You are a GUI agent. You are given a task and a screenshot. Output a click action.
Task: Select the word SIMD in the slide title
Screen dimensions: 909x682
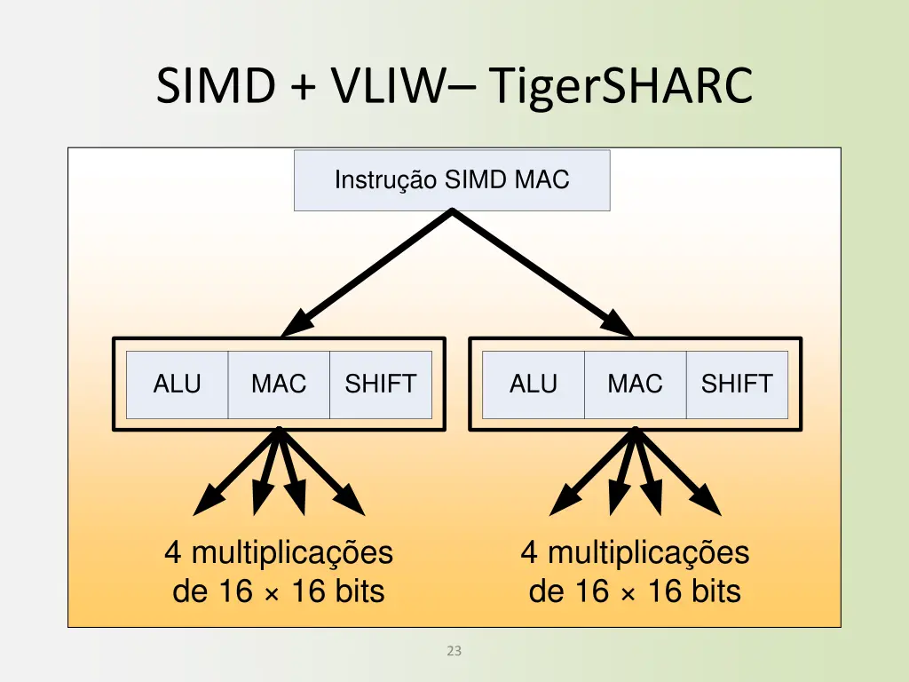tap(215, 87)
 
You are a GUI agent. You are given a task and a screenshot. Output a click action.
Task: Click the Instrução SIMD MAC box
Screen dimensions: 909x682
tap(452, 180)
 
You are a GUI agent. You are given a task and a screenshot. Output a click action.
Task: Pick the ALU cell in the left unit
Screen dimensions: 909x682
tap(178, 385)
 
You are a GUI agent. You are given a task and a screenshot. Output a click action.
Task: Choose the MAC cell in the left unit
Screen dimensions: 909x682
tap(279, 385)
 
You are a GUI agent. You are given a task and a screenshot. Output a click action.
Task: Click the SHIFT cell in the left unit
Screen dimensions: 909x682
tap(380, 385)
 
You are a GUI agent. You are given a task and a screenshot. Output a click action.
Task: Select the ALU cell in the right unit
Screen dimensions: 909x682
tap(534, 385)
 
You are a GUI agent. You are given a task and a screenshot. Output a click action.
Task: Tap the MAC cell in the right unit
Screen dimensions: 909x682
tap(635, 385)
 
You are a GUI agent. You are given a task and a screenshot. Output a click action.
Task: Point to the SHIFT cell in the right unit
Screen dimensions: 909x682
tap(737, 385)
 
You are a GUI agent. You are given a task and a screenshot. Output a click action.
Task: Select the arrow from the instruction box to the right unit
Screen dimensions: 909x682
tap(541, 271)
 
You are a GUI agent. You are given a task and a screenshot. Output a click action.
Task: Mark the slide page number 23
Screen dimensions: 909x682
tap(454, 651)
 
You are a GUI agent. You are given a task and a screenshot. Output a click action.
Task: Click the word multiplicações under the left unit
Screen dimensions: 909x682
tap(292, 553)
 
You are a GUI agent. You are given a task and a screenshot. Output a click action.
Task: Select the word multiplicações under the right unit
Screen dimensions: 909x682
tap(648, 553)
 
